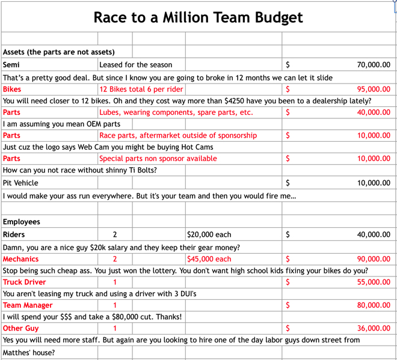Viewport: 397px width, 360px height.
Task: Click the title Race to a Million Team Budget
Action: click(x=198, y=17)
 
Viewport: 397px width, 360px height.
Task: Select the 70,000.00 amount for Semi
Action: click(x=373, y=65)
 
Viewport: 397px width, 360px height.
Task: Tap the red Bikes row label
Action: click(x=12, y=89)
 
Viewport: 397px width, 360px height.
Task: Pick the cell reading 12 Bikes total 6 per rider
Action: click(x=141, y=89)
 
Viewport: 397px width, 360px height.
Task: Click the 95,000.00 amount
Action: click(x=373, y=89)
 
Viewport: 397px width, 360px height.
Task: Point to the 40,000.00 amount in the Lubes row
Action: click(x=373, y=112)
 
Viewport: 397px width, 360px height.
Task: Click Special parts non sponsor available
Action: click(x=158, y=159)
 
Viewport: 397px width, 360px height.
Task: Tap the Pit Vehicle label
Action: click(x=20, y=183)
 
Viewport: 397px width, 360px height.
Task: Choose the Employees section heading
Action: click(x=21, y=222)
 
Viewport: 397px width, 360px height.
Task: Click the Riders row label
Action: click(x=14, y=234)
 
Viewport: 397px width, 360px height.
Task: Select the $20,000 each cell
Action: click(x=209, y=234)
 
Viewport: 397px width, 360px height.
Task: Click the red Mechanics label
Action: click(x=20, y=259)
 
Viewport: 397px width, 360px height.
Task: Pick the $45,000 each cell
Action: click(x=209, y=259)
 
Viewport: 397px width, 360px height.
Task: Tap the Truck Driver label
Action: click(x=24, y=282)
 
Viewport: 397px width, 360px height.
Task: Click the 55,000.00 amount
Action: click(x=373, y=282)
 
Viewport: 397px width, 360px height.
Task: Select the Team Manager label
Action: click(x=28, y=305)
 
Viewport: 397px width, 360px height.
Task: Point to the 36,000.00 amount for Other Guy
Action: click(x=373, y=329)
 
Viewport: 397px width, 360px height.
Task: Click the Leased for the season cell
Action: click(x=135, y=65)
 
